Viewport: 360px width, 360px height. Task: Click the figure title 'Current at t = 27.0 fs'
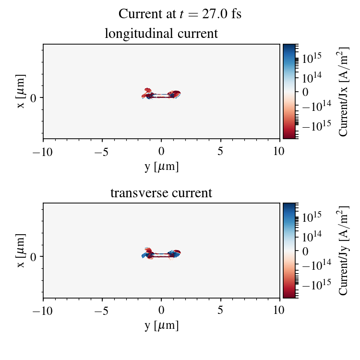point(180,14)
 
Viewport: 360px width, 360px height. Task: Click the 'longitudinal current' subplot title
point(161,34)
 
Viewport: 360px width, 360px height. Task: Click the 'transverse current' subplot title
point(161,193)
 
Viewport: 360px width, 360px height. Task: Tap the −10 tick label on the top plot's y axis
point(43,151)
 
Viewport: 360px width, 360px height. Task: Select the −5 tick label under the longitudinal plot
point(102,151)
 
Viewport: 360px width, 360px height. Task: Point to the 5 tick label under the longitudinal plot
point(220,151)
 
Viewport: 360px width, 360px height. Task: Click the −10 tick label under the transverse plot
point(43,311)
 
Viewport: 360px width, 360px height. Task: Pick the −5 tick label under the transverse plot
point(102,311)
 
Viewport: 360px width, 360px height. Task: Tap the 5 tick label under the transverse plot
point(220,311)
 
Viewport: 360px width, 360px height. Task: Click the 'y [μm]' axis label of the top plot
point(161,167)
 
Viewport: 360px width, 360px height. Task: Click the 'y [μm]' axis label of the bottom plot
point(161,326)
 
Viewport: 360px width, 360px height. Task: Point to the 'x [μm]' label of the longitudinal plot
point(21,91)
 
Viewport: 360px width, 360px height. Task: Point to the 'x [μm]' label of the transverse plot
point(21,251)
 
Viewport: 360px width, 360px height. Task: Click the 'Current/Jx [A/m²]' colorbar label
point(344,91)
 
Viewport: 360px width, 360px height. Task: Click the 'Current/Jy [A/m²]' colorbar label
point(344,251)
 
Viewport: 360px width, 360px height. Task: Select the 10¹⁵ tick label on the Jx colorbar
point(312,58)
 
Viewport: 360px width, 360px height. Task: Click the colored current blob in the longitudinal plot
point(161,94)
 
